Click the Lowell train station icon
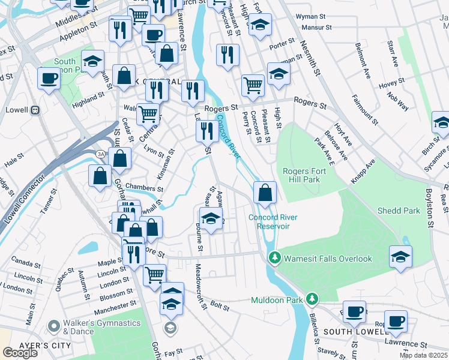coord(35,110)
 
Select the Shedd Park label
coord(399,211)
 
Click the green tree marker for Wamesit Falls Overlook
coord(275,258)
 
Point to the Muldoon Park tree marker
coord(312,299)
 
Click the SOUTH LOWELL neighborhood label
coord(351,331)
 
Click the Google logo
coord(20,352)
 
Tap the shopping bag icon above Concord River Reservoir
coord(265,193)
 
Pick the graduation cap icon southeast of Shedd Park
coord(400,257)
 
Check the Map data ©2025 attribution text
coord(423,355)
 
